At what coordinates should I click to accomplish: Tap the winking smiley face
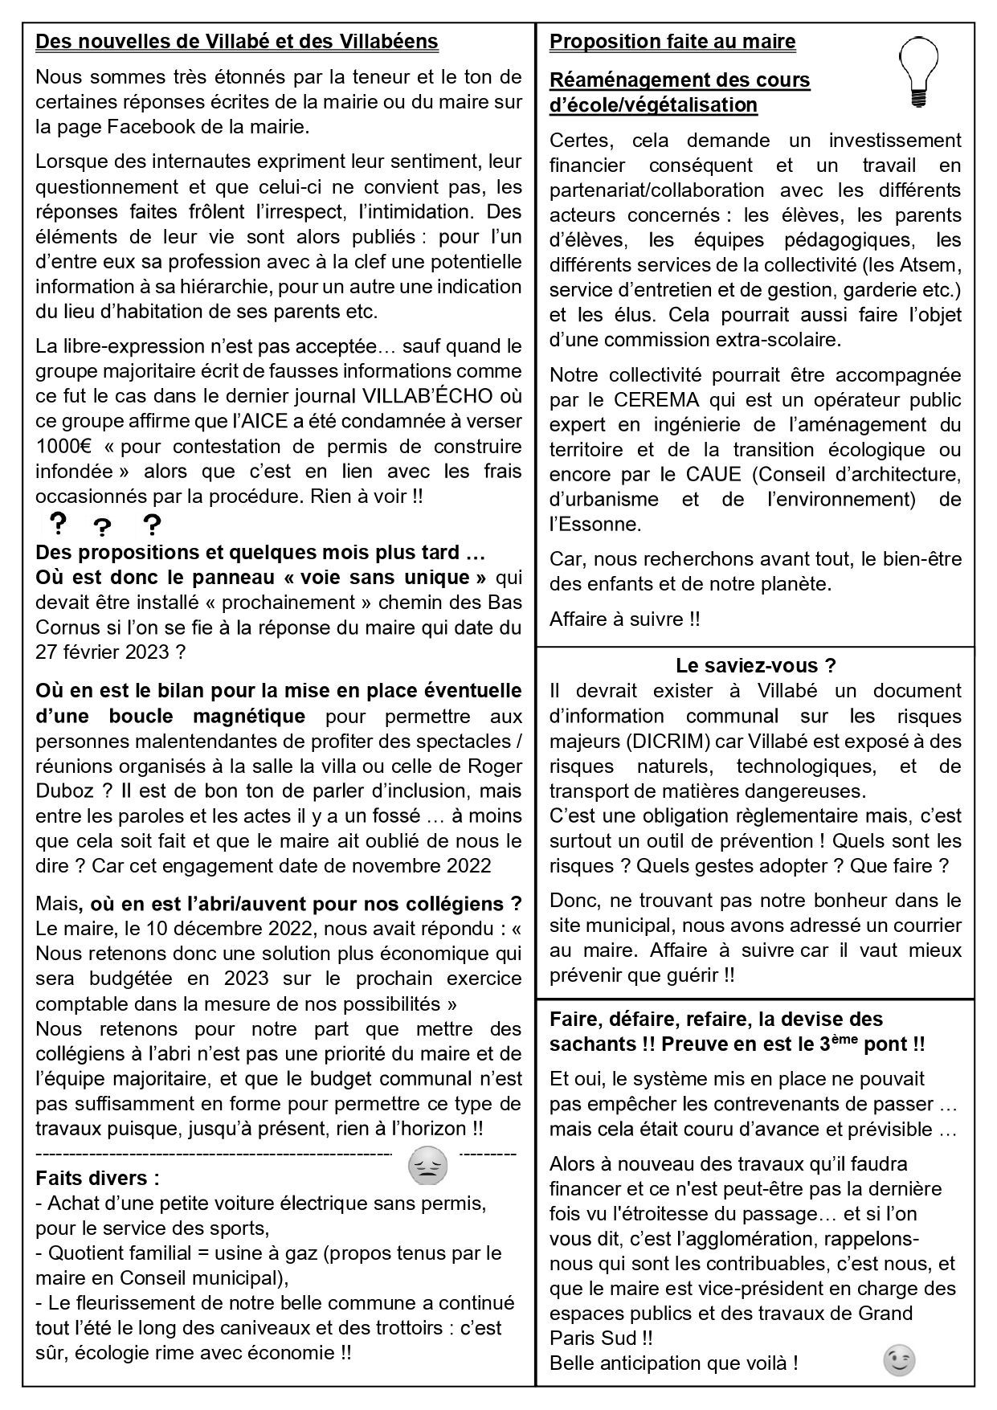point(899,1359)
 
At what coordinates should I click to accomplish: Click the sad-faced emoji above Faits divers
point(428,1167)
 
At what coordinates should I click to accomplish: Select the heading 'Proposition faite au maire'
point(672,42)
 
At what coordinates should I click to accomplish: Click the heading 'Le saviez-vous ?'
point(755,665)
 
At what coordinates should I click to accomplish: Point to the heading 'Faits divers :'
point(97,1179)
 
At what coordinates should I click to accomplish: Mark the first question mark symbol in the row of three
point(58,524)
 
